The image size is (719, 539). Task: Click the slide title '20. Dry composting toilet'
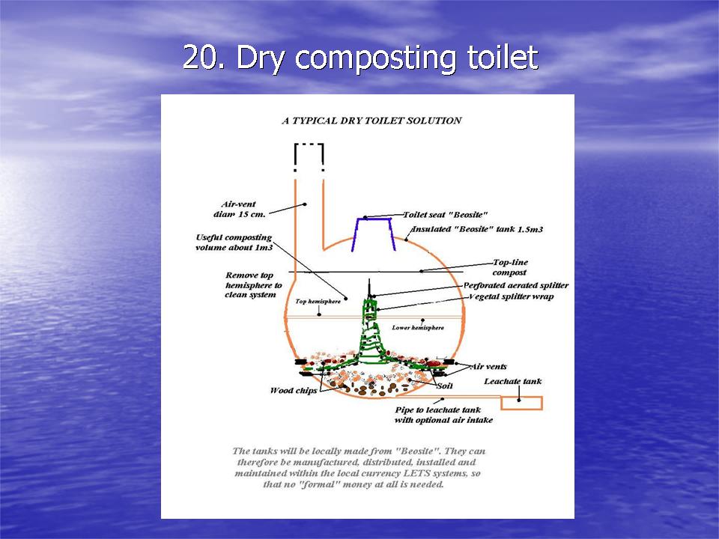[x=360, y=58]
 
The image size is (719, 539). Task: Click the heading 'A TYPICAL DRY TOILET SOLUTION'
[x=371, y=121]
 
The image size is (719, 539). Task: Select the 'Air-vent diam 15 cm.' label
[x=239, y=209]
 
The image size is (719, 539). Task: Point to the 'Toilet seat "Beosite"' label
[x=445, y=215]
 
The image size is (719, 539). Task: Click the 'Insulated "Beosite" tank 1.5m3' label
[x=477, y=229]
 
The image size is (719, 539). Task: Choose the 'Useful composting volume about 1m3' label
[x=234, y=243]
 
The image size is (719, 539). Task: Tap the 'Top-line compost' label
[x=510, y=267]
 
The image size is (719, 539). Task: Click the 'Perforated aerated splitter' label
[x=516, y=285]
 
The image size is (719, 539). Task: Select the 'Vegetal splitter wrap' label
[x=511, y=296]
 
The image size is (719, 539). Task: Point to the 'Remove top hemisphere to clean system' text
[x=253, y=284]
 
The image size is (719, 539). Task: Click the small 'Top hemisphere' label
[x=318, y=301]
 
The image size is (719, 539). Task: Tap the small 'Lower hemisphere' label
[x=418, y=328]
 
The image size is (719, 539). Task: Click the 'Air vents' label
[x=489, y=367]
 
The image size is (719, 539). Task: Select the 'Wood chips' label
[x=294, y=391]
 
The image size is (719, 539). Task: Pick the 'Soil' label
[x=445, y=386]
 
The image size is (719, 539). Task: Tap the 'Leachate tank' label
[x=512, y=381]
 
